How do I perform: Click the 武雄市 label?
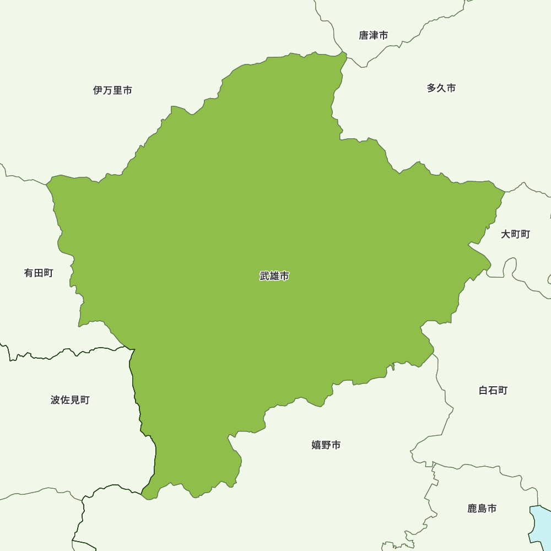274,276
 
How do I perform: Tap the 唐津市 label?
373,35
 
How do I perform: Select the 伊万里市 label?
112,90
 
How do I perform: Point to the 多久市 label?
441,88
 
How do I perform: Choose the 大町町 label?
515,234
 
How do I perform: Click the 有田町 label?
39,273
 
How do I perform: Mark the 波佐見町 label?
70,400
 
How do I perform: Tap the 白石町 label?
493,391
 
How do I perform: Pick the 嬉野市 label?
326,445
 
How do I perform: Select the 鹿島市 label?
482,509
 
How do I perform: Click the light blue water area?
540,523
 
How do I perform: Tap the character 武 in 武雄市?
265,276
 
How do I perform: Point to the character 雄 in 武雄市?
274,276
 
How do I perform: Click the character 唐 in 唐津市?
364,35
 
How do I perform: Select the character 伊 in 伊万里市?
98,90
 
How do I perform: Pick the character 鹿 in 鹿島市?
473,509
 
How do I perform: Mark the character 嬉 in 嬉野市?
317,445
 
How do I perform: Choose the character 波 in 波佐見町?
56,400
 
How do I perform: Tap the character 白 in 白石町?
484,391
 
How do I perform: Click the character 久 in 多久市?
441,88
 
